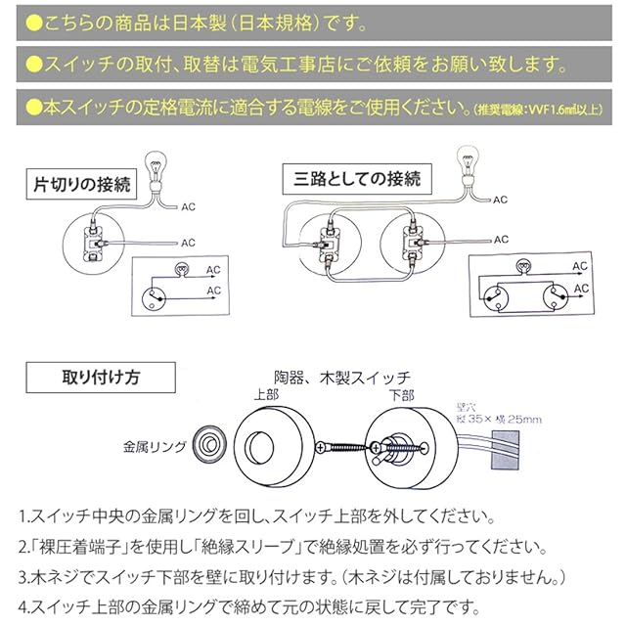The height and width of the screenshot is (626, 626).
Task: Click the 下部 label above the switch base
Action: [401, 396]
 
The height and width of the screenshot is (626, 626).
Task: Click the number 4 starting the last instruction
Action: [22, 603]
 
